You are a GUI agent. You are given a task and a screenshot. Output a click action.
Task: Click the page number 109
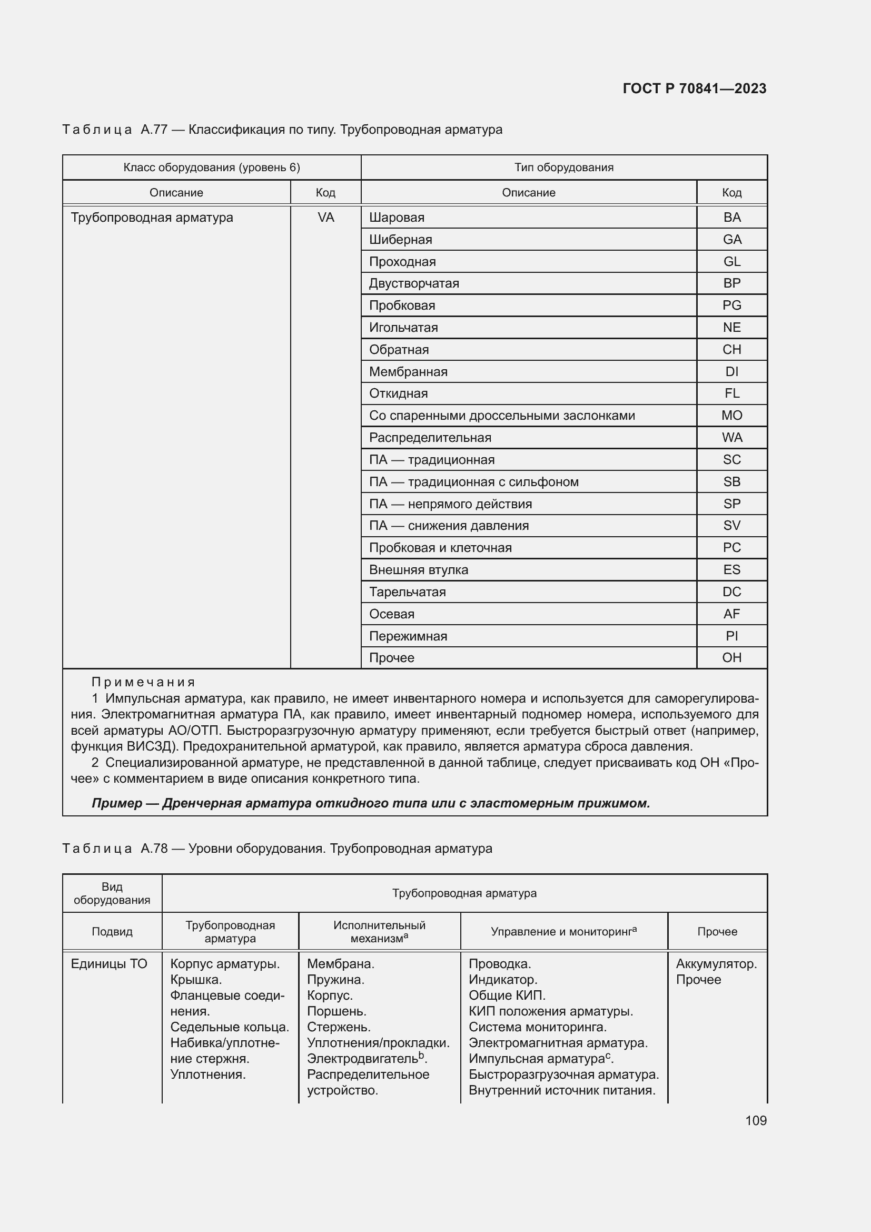[x=755, y=1120]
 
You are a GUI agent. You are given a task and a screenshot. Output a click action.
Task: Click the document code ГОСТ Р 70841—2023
[x=695, y=88]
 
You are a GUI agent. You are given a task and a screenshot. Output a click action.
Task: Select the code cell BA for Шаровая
[x=731, y=218]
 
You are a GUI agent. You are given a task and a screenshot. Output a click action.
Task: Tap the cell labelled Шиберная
[x=401, y=240]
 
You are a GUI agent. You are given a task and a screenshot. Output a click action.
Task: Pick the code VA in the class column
[x=325, y=218]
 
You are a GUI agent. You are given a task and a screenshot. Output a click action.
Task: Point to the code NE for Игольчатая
[x=731, y=327]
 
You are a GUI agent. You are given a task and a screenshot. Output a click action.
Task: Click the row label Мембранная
[x=408, y=372]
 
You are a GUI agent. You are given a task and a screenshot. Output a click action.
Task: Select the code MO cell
[x=731, y=415]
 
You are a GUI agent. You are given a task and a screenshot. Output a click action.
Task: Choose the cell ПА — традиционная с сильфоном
[x=473, y=482]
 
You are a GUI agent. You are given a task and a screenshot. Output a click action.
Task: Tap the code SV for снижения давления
[x=731, y=526]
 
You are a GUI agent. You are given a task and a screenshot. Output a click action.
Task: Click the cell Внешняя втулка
[x=418, y=570]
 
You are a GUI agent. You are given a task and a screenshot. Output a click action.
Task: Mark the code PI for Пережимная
[x=731, y=636]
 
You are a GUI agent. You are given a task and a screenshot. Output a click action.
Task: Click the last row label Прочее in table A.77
[x=391, y=658]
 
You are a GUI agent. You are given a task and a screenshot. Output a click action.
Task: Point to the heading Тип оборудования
[x=563, y=167]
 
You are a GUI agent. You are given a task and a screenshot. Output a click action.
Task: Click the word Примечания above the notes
[x=143, y=683]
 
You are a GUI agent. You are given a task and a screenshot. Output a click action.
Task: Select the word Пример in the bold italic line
[x=116, y=803]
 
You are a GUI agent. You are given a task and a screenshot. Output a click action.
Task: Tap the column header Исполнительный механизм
[x=379, y=932]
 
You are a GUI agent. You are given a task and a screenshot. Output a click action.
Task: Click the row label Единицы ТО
[x=109, y=964]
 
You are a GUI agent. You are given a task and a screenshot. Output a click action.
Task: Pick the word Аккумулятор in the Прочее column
[x=716, y=964]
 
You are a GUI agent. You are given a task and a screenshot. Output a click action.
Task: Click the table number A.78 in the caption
[x=154, y=849]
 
